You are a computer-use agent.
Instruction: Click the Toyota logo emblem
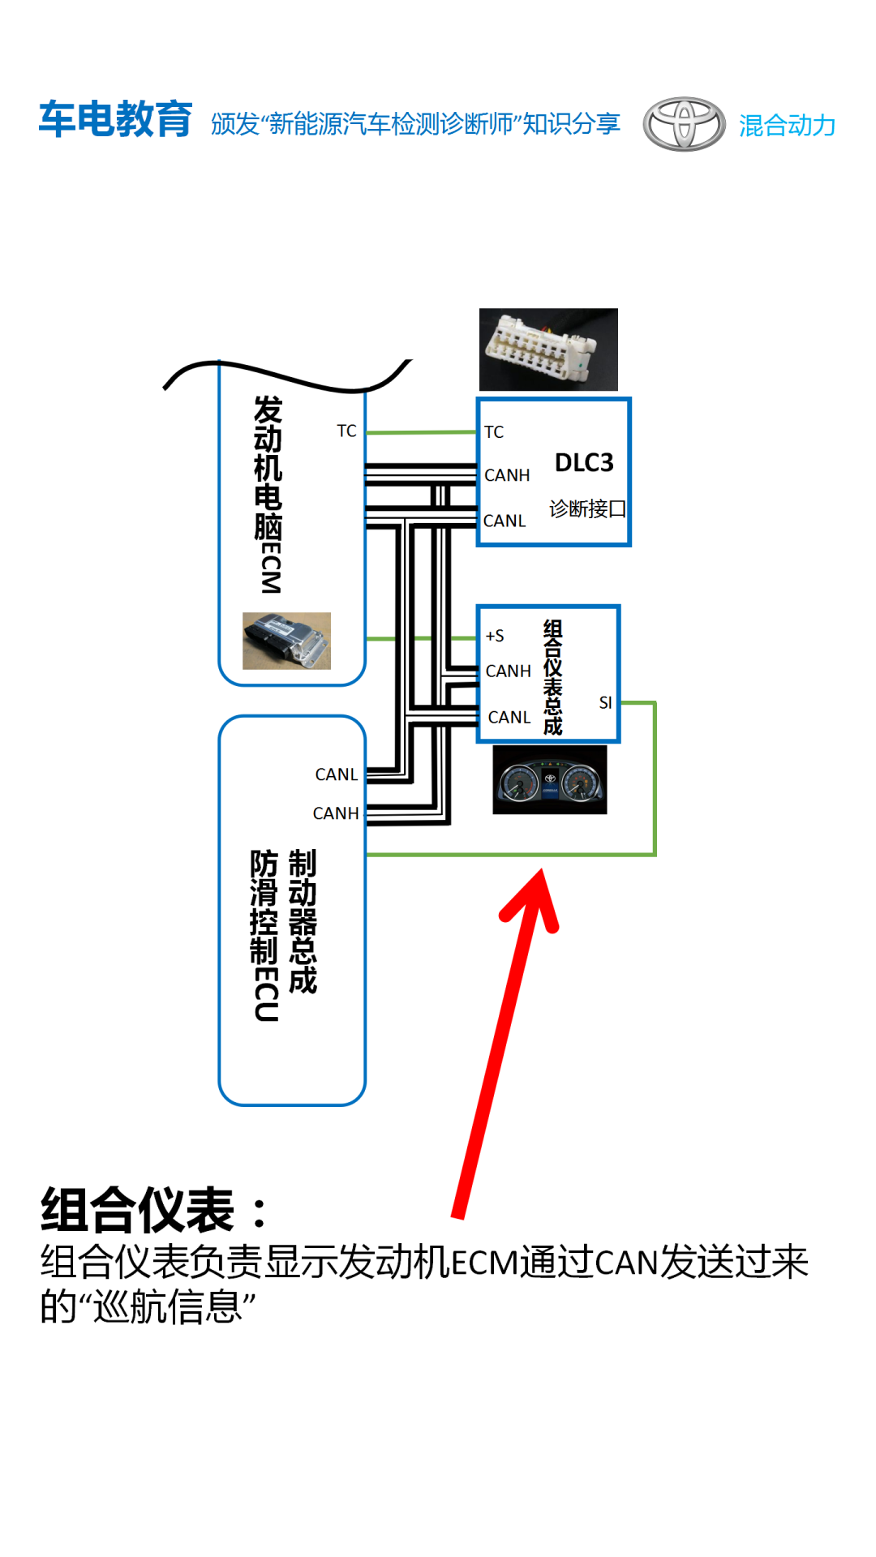click(684, 124)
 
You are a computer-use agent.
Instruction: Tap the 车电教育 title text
click(115, 119)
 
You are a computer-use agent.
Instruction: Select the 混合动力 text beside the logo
click(787, 125)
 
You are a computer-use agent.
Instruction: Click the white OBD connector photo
click(548, 350)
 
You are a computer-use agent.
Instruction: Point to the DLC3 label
click(584, 462)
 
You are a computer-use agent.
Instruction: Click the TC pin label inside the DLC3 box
click(494, 432)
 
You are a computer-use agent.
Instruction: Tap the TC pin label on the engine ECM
click(346, 431)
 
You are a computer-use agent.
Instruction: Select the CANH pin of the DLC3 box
click(507, 475)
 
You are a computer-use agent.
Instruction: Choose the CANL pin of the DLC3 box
click(505, 521)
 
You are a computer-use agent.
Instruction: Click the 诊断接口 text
click(587, 508)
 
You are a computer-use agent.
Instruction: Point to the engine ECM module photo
click(286, 641)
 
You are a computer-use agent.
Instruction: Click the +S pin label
click(495, 636)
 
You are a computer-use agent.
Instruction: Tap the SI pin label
click(605, 702)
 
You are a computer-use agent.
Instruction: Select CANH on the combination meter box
click(509, 671)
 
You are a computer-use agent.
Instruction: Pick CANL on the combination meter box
click(509, 717)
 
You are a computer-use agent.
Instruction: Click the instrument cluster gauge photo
click(550, 780)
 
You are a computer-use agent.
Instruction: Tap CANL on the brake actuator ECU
click(337, 774)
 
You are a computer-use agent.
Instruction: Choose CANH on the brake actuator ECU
click(336, 813)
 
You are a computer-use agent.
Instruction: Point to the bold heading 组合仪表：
click(154, 1210)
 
